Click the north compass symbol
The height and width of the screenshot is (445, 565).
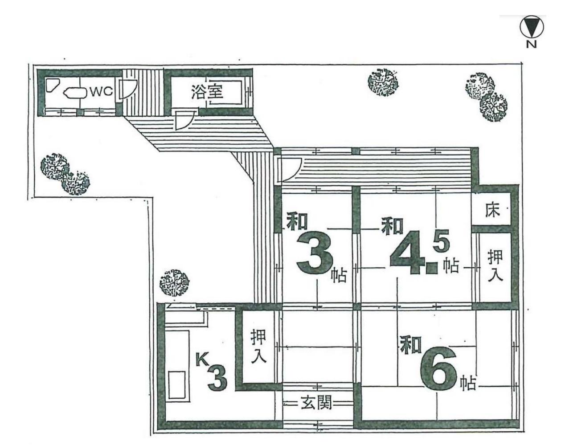(x=531, y=27)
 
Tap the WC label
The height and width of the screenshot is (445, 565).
(x=101, y=92)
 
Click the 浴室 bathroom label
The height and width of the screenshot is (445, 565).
(x=207, y=92)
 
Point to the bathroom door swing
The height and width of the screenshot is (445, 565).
(x=184, y=120)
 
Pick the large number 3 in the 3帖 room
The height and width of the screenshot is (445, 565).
(x=315, y=254)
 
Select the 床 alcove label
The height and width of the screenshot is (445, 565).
(x=492, y=209)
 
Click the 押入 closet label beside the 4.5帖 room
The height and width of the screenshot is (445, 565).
(x=495, y=265)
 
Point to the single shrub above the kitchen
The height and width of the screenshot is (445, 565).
(x=174, y=282)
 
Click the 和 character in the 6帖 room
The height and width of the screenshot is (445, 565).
(x=410, y=344)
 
